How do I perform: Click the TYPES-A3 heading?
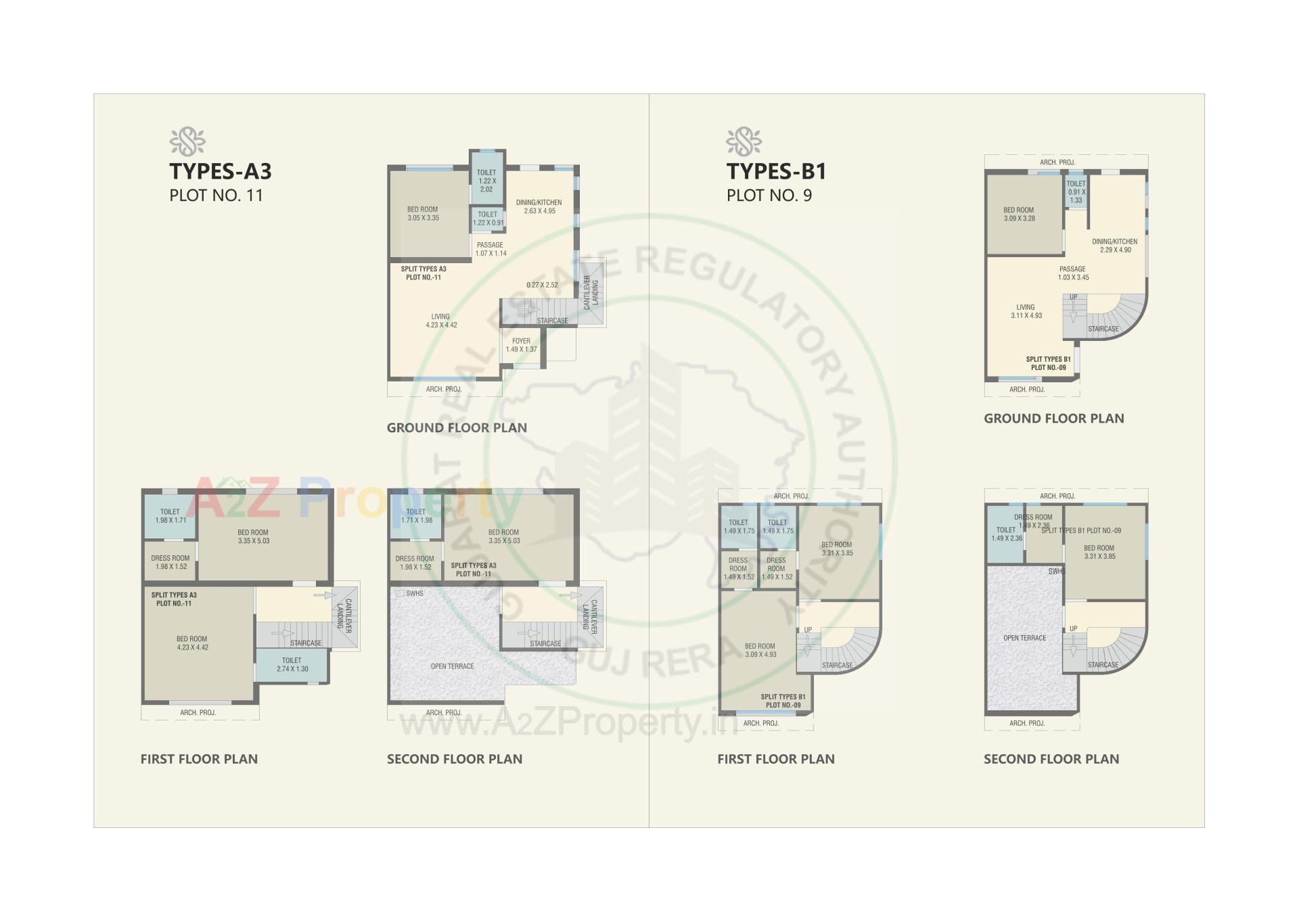220,171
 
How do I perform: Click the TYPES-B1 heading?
776,171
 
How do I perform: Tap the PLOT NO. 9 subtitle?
769,195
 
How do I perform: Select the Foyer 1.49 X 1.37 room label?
521,345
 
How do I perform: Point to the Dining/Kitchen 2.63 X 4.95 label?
539,206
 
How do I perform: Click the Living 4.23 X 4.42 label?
441,321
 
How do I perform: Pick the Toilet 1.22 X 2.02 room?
486,181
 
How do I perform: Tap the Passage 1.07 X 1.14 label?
491,249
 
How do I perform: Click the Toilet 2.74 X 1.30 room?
292,664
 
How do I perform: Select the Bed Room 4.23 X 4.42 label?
192,643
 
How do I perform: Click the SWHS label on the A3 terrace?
414,593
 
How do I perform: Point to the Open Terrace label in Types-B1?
1024,638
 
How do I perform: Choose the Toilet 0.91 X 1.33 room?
1076,191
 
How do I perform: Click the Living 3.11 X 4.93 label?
1026,311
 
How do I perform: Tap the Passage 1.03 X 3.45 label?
1073,273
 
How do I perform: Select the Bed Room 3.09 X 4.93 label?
760,650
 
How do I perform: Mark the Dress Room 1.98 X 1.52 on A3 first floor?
170,562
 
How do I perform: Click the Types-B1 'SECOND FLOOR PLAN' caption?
1051,759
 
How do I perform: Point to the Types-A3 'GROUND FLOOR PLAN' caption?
457,428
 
